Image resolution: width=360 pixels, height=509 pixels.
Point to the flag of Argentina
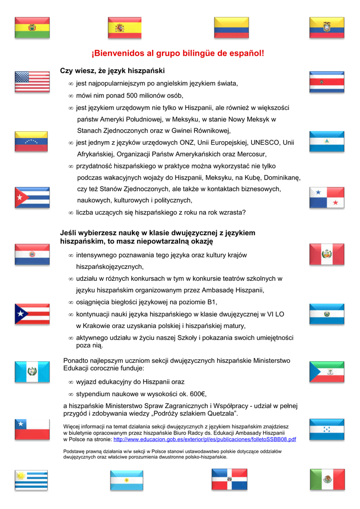pos(126,479)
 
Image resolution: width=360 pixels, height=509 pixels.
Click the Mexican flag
pos(327,479)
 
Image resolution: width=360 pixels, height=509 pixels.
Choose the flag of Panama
pos(327,198)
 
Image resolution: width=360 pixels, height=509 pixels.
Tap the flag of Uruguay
pos(32,479)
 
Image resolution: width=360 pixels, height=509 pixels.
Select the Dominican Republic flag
pos(229,479)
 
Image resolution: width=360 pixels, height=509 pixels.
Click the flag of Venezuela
pos(32,141)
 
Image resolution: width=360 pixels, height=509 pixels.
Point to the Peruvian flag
pos(327,254)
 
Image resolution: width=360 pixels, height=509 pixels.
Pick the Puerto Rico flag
pos(32,314)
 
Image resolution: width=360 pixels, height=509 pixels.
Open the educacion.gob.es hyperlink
pos(204,439)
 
